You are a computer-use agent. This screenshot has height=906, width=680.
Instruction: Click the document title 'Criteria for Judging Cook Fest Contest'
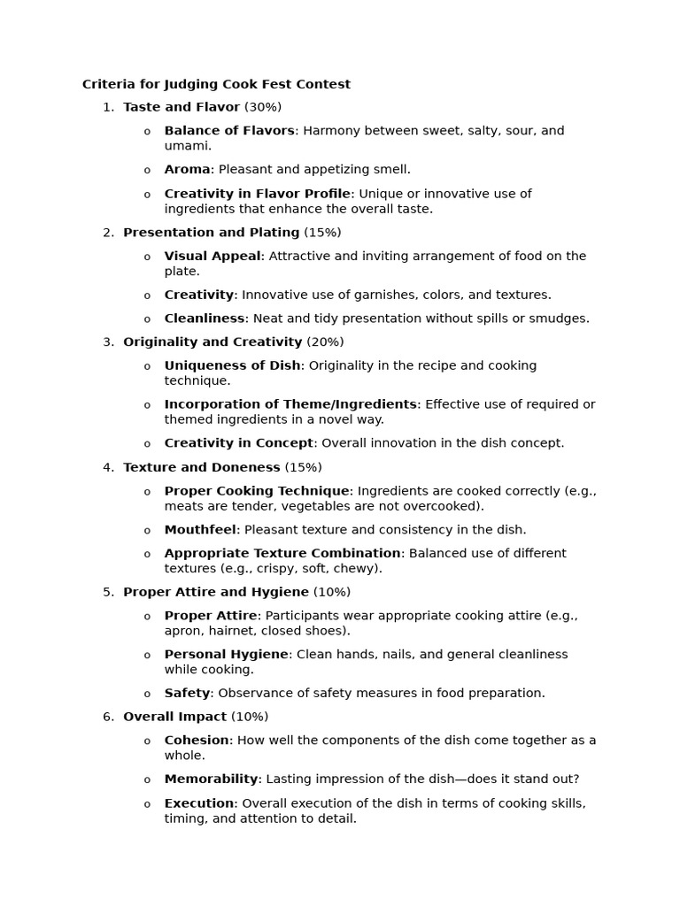click(216, 85)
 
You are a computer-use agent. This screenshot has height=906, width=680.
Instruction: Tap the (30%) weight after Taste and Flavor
click(263, 107)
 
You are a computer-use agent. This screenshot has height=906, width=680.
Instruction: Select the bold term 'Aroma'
click(187, 169)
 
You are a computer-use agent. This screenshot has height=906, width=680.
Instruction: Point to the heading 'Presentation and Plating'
click(211, 233)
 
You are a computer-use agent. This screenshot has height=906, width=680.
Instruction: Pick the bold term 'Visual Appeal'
click(212, 256)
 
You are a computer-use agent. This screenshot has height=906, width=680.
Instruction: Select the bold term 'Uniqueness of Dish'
click(232, 365)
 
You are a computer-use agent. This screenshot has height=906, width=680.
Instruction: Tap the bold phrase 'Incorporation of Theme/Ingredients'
click(290, 404)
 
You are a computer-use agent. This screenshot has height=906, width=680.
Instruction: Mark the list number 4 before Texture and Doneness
click(108, 467)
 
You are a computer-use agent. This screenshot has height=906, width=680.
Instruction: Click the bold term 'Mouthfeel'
click(200, 530)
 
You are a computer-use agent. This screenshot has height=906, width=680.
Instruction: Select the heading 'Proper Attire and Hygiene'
click(216, 592)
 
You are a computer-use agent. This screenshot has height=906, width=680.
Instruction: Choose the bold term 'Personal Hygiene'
click(227, 655)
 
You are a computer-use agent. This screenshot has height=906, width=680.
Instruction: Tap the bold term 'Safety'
click(187, 694)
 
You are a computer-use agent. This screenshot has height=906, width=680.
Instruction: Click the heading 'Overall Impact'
click(174, 717)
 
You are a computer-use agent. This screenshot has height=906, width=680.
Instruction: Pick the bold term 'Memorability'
click(211, 779)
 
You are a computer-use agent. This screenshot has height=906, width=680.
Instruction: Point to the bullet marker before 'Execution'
click(147, 804)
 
